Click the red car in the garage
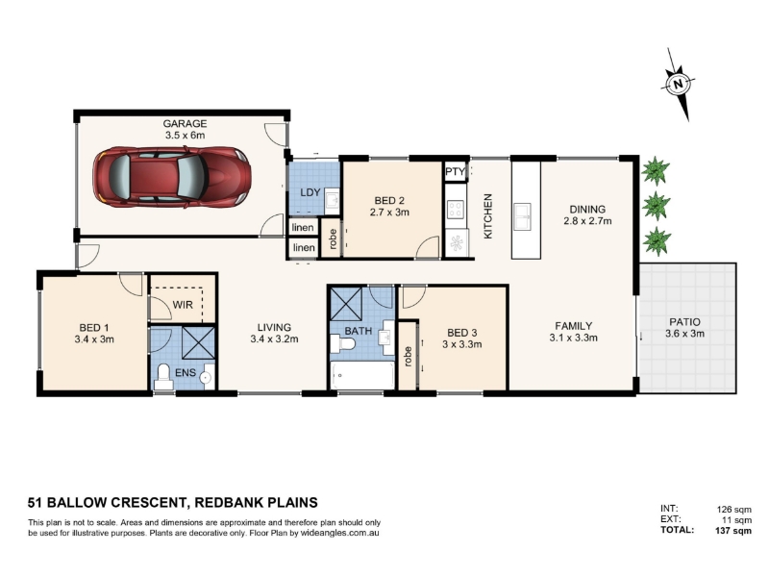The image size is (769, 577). [x=172, y=176]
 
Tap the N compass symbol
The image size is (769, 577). [x=679, y=85]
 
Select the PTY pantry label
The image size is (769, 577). [x=455, y=172]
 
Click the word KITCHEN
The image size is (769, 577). [x=487, y=216]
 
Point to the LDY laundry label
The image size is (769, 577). [x=310, y=192]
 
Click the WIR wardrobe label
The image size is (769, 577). [x=183, y=305]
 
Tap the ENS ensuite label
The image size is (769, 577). [x=186, y=373]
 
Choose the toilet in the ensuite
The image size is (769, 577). [x=163, y=378]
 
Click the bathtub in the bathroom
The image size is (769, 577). [x=362, y=376]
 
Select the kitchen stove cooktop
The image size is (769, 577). [x=456, y=210]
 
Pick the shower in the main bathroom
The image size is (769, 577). [x=346, y=304]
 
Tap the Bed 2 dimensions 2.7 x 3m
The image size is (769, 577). [x=389, y=213]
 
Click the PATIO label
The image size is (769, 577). [x=684, y=322]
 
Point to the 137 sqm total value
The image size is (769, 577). [x=733, y=531]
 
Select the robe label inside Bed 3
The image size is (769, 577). [x=408, y=356]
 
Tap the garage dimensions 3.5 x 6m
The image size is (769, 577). [x=185, y=135]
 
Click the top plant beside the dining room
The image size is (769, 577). [x=656, y=170]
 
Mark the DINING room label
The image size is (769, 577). [x=587, y=209]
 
